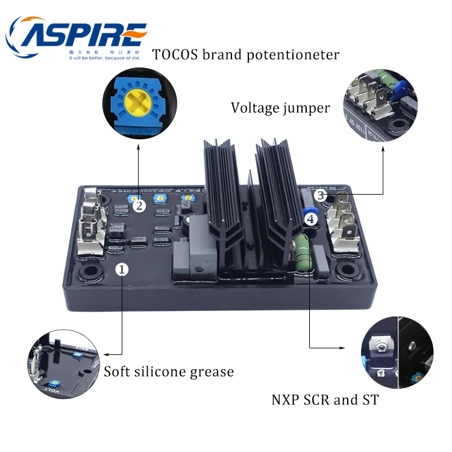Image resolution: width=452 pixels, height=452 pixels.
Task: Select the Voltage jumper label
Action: click(x=280, y=108)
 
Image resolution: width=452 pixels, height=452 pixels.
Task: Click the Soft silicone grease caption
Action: click(x=168, y=371)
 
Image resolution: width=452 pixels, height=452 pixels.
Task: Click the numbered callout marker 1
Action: click(x=122, y=269)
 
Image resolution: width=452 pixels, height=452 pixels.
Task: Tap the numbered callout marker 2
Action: click(x=139, y=206)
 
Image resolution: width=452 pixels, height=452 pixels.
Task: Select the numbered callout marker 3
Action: click(x=321, y=195)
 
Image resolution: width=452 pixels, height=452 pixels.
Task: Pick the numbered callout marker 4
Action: click(x=310, y=219)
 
